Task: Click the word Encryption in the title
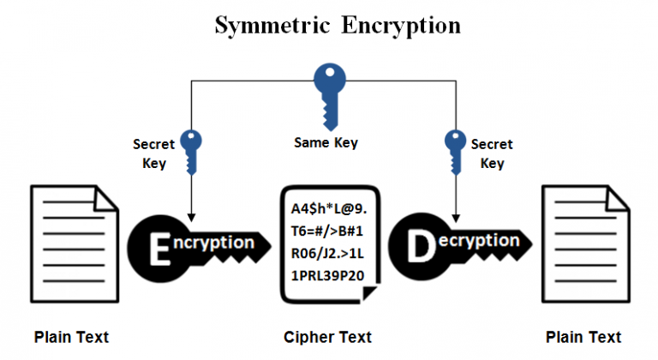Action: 400,25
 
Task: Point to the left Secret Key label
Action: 153,153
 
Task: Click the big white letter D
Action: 419,246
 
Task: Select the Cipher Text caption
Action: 328,337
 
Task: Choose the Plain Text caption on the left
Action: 72,337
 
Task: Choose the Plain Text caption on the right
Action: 583,337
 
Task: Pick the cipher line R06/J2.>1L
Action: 329,255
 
